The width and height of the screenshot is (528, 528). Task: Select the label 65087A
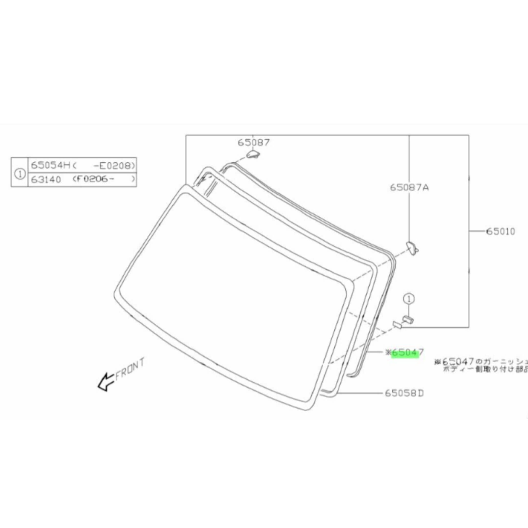pos(409,187)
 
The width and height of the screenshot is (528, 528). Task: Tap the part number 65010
pos(500,231)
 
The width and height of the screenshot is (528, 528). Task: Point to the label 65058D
pos(404,394)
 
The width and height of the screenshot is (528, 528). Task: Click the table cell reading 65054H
pos(51,165)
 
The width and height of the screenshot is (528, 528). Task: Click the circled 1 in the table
pos(20,174)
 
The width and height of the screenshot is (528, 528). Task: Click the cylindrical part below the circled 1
pos(408,319)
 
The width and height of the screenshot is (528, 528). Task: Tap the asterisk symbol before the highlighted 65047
pos(388,353)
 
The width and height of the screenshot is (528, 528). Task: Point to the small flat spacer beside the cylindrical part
pos(397,325)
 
